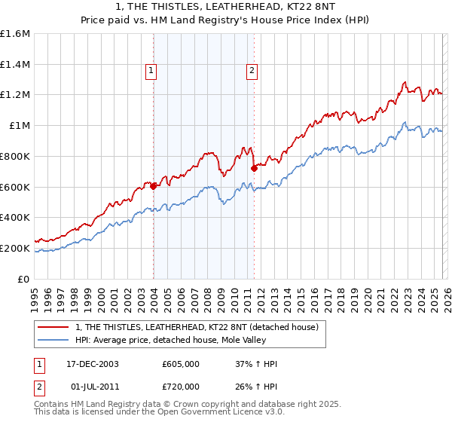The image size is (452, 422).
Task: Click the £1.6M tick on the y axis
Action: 17,34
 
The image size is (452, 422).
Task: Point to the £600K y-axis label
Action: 17,187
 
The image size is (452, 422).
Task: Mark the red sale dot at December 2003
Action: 154,186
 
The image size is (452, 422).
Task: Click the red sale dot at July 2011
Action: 254,168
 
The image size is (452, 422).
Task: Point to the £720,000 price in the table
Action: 186,386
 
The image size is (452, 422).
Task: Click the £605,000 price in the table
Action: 186,364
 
